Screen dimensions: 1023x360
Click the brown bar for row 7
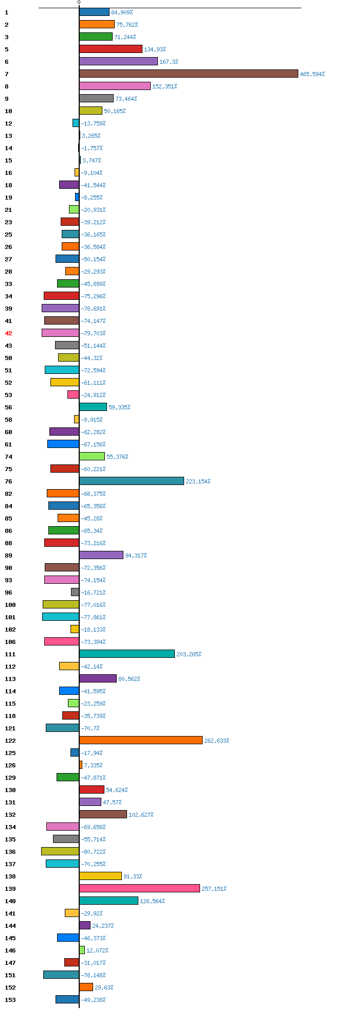(188, 74)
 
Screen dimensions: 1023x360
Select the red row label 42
(8, 333)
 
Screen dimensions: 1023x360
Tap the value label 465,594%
(312, 74)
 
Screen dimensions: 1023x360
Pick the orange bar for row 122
(140, 740)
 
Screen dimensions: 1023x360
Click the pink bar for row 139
(139, 888)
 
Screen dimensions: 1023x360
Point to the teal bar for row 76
(131, 481)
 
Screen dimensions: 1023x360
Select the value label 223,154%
(198, 481)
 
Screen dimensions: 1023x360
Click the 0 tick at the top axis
(79, 3)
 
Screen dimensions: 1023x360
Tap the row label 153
(10, 1000)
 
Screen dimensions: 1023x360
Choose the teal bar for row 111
(127, 654)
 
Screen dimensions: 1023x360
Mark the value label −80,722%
(93, 852)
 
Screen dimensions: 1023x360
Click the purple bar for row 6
(118, 61)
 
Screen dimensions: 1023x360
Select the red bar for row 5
(111, 49)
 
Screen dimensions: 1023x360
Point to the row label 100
(10, 605)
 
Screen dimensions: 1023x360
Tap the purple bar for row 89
(101, 555)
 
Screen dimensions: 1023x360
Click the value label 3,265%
(91, 136)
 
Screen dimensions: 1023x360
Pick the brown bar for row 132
(103, 814)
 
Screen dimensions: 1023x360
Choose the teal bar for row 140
(109, 901)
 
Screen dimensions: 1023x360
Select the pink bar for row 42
(60, 333)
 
